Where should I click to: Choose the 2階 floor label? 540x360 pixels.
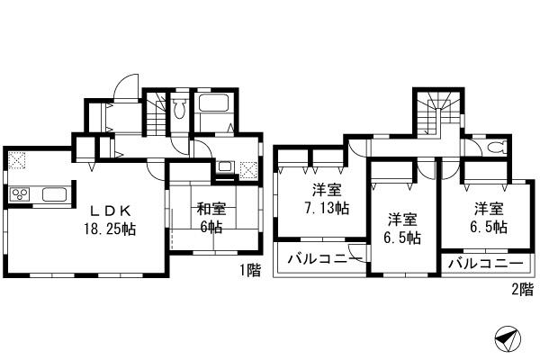point(520,290)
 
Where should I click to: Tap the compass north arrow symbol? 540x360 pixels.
point(507,340)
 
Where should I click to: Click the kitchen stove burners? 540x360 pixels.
point(21,194)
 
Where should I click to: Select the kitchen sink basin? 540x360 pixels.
point(52,194)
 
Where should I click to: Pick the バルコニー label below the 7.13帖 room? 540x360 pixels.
point(319,260)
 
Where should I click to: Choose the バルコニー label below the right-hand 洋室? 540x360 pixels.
point(484,265)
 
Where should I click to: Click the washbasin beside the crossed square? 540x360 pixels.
point(224,167)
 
